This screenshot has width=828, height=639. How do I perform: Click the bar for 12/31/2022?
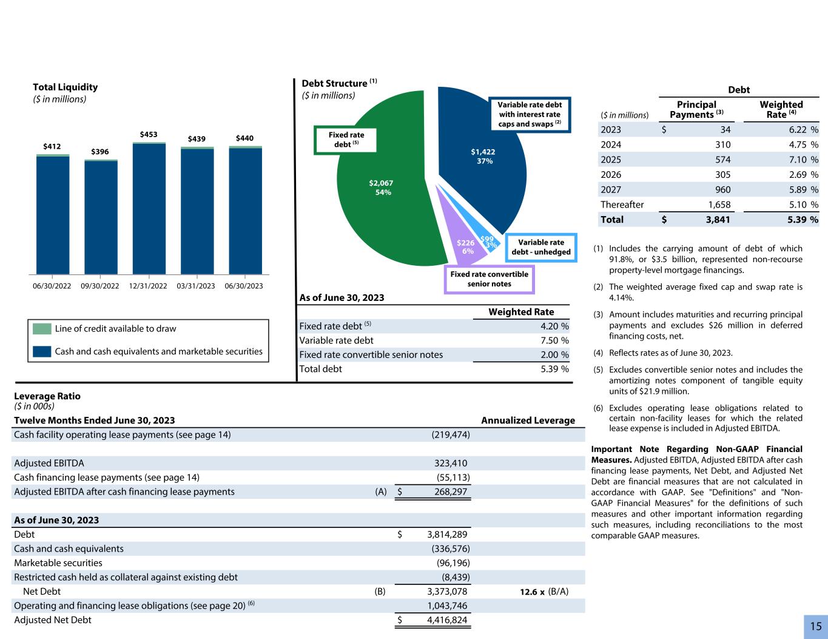(149, 209)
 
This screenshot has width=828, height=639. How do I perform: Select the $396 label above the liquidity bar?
(100, 152)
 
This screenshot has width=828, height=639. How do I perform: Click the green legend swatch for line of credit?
(42, 329)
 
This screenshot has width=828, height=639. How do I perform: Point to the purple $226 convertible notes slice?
(464, 246)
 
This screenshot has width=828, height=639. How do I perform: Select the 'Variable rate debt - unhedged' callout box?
(541, 247)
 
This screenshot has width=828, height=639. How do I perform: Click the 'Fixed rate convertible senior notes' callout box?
(489, 279)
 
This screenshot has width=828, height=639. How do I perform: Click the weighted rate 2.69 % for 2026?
(801, 175)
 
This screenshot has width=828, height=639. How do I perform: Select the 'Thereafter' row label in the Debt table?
(622, 205)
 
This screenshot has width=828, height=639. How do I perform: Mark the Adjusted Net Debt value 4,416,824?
(442, 620)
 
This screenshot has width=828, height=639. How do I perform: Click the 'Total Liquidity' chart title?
(65, 87)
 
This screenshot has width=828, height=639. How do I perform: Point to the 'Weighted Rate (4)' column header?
(781, 109)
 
